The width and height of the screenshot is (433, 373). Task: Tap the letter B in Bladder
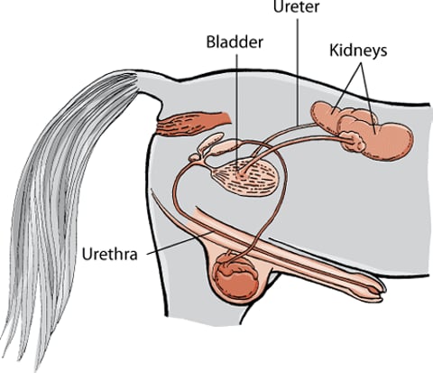(x=211, y=42)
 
